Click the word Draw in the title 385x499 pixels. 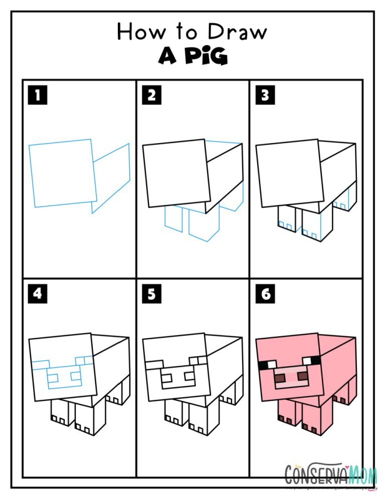[x=238, y=32]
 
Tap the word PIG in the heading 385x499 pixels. [x=206, y=57]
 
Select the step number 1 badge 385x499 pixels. [x=38, y=95]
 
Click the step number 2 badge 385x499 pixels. [x=151, y=95]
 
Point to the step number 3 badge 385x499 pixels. [x=265, y=95]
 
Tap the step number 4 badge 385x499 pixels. [x=38, y=294]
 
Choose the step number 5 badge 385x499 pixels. [x=151, y=294]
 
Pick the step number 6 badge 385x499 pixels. [x=265, y=294]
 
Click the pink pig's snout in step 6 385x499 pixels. [x=291, y=376]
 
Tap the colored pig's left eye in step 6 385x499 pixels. [x=269, y=362]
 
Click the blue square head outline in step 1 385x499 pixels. [x=63, y=173]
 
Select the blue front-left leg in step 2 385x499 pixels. [x=174, y=219]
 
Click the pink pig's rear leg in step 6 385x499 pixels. [x=343, y=395]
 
